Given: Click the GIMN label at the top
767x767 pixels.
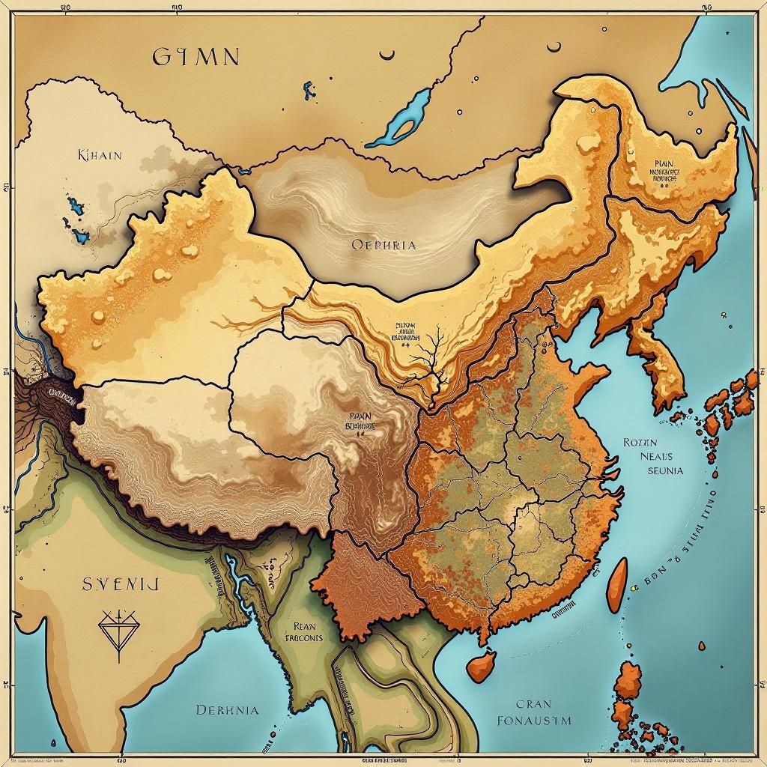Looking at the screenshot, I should (x=196, y=56).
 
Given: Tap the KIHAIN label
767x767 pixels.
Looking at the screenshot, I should (x=100, y=156).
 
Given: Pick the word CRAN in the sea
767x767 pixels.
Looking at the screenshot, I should (x=533, y=704).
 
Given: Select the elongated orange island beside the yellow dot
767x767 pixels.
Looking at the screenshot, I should (x=616, y=585).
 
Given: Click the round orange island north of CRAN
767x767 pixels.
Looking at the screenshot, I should (x=480, y=664).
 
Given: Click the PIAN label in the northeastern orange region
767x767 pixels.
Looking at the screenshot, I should (x=664, y=163).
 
